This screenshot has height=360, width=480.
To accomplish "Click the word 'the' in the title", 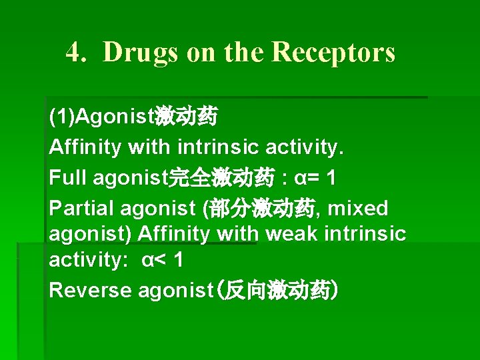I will click(242, 52).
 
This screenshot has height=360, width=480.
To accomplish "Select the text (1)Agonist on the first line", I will click(101, 117).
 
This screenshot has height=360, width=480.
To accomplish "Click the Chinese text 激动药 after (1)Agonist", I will click(186, 117).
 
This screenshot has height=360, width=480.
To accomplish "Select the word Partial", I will click(82, 209).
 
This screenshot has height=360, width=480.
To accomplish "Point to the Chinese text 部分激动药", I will click(262, 209).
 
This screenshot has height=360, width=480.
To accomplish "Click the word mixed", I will click(358, 209).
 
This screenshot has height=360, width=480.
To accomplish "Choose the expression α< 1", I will click(162, 260).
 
